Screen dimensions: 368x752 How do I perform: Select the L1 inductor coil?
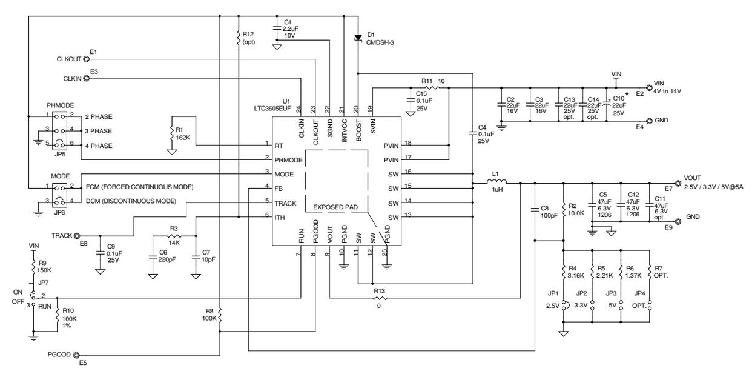pyautogui.click(x=498, y=181)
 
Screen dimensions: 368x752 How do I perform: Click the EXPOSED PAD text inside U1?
pyautogui.click(x=336, y=207)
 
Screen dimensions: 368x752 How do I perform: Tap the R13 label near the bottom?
pyautogui.click(x=380, y=291)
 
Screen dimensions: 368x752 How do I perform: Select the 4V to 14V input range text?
pyautogui.click(x=667, y=91)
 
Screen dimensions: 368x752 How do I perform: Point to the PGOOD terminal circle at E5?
pyautogui.click(x=78, y=355)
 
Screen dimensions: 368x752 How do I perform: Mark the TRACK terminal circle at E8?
pyautogui.click(x=78, y=235)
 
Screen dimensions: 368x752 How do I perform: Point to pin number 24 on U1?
pyautogui.click(x=298, y=110)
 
